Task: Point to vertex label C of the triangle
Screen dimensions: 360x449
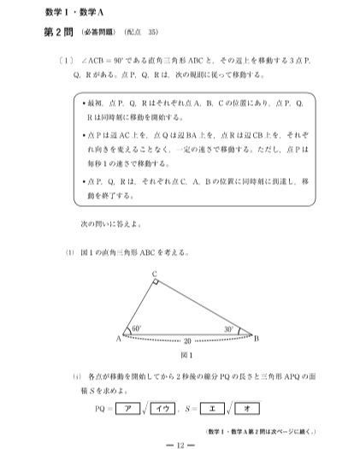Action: [154, 274]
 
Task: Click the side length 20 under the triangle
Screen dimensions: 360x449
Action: [187, 340]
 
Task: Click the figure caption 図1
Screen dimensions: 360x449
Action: [187, 355]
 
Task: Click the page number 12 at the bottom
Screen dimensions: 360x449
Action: [180, 444]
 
